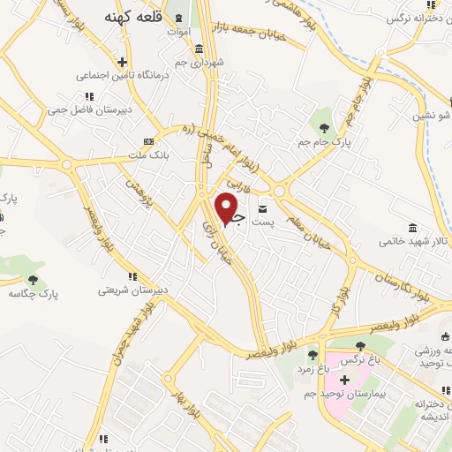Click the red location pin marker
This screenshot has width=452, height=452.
tap(228, 208)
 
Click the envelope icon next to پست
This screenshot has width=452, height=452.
tap(263, 208)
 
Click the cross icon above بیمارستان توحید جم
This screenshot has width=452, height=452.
tap(344, 379)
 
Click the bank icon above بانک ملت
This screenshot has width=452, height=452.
tap(148, 140)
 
